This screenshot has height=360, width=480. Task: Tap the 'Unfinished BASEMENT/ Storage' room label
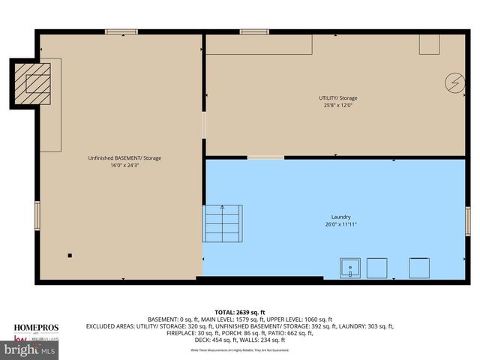tap(125, 158)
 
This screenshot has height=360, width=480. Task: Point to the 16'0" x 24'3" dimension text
tap(125, 166)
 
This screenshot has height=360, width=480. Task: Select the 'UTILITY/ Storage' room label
tap(338, 98)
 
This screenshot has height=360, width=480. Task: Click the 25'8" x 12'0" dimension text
tap(338, 106)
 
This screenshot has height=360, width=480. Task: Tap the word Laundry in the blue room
tap(340, 217)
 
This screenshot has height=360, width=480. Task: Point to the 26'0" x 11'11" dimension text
tap(340, 224)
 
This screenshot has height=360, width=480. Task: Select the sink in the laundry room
tap(350, 268)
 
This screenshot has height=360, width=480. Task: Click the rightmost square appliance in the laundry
tap(419, 268)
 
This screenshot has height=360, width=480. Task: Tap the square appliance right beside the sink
tap(377, 268)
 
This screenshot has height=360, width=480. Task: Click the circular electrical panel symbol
tap(455, 82)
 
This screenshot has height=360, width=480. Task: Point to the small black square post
tap(70, 256)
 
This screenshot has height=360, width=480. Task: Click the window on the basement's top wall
tap(121, 31)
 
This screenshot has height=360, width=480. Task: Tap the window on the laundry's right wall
tap(467, 222)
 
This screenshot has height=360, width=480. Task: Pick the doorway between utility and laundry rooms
tap(266, 157)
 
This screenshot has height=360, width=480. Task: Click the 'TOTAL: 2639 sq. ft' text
tap(240, 311)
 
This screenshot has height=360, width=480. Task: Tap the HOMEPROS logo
tap(36, 328)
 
